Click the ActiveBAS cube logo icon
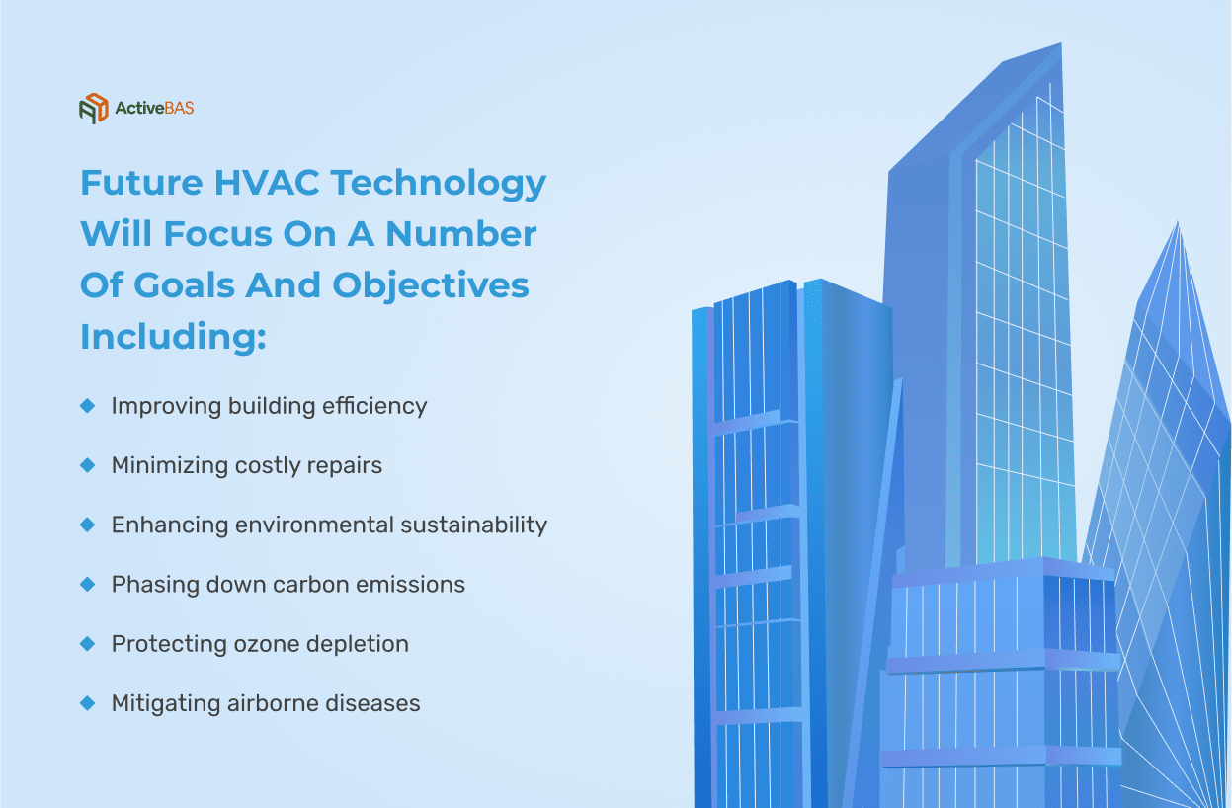94,109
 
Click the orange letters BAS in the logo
179,108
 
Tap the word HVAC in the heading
266,183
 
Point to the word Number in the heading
461,234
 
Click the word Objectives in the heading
430,286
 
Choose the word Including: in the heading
173,336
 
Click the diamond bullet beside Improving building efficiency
88,406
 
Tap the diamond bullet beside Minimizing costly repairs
88,465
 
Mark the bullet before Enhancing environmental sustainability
88,525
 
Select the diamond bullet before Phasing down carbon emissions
88,584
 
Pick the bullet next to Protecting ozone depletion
88,644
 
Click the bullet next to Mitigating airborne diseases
88,703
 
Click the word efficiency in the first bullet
374,407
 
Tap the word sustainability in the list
473,525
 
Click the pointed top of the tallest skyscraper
1059,44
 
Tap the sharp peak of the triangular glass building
1177,223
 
